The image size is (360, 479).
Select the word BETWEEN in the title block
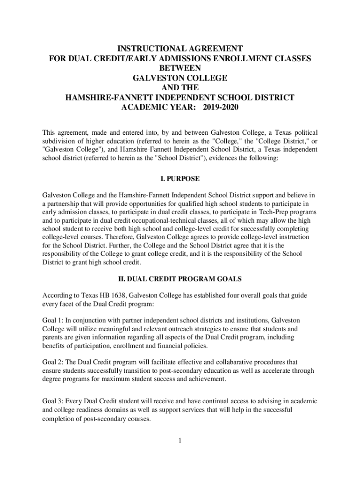click(180, 68)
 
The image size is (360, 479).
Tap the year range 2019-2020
click(220, 108)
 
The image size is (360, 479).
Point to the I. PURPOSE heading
click(180, 179)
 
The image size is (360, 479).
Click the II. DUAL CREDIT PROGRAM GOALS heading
click(180, 279)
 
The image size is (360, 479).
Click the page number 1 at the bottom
click(180, 441)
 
